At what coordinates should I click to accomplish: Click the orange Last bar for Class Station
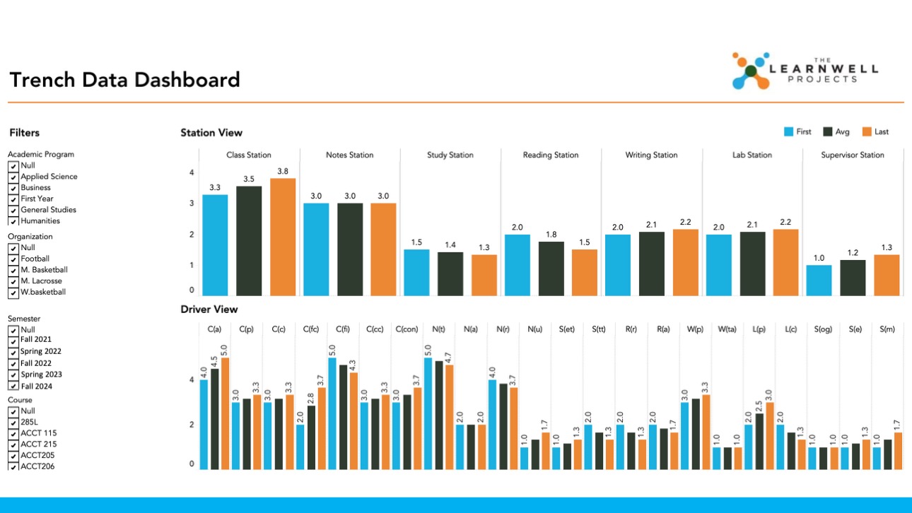click(283, 237)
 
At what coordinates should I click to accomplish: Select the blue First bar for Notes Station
click(316, 249)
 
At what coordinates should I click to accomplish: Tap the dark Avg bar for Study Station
click(450, 273)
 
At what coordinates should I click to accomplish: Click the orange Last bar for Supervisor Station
click(887, 275)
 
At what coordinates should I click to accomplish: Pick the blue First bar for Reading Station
click(518, 265)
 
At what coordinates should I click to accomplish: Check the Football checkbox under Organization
click(13, 259)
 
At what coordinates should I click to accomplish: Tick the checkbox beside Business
click(13, 188)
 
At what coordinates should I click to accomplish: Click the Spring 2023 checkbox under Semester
click(13, 375)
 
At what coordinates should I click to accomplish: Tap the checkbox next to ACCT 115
click(13, 433)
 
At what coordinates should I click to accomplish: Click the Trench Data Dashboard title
click(124, 80)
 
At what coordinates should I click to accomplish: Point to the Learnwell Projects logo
click(805, 71)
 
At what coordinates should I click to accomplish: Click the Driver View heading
click(209, 309)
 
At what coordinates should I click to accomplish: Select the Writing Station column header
click(651, 155)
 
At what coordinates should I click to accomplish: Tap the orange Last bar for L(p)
click(769, 435)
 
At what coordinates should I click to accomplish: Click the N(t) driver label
click(438, 329)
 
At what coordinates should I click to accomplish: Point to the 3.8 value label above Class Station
click(283, 172)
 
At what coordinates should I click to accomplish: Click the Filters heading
click(25, 133)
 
